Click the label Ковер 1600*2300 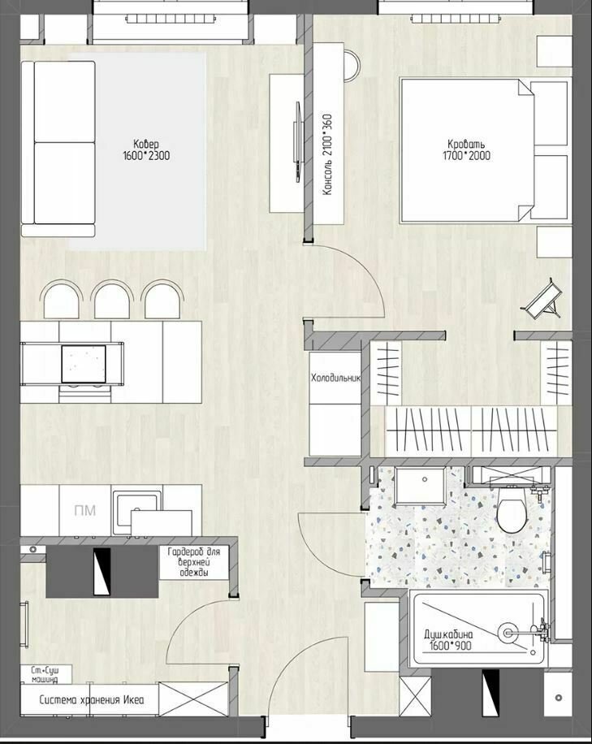pyautogui.click(x=146, y=150)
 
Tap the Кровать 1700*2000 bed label pyautogui.click(x=467, y=150)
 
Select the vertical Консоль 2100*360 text pyautogui.click(x=327, y=154)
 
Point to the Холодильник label pyautogui.click(x=336, y=378)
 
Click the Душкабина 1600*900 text pyautogui.click(x=449, y=640)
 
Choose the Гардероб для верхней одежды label pyautogui.click(x=194, y=562)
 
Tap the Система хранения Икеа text pyautogui.click(x=92, y=699)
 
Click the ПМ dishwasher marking pyautogui.click(x=85, y=510)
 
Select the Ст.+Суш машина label pyautogui.click(x=45, y=674)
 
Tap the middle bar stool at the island pyautogui.click(x=112, y=300)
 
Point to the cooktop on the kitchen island pyautogui.click(x=84, y=364)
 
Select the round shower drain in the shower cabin pyautogui.click(x=507, y=632)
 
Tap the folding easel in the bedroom pyautogui.click(x=543, y=299)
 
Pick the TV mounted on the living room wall pyautogui.click(x=297, y=142)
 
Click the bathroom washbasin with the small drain pyautogui.click(x=421, y=486)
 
